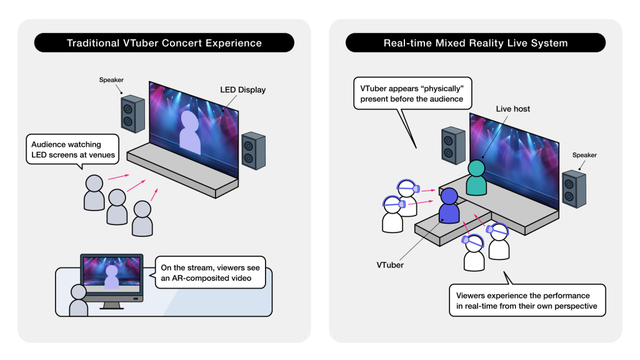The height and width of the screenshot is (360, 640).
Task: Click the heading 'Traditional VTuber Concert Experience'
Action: point(164,43)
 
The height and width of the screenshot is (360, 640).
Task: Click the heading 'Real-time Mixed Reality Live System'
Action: point(475,43)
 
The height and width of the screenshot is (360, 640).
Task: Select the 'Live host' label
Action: point(512,109)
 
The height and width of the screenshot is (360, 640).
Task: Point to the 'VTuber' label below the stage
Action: point(390,264)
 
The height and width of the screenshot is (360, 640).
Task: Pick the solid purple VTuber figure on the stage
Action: point(450,206)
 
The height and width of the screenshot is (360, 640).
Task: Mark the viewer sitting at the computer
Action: point(78,301)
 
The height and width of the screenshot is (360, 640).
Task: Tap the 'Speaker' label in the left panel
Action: point(111,80)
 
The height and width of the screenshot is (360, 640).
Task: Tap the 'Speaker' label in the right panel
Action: point(584,154)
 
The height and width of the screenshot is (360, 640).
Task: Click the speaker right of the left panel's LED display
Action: point(254,150)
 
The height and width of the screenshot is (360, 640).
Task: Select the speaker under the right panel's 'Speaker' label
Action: point(574,189)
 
